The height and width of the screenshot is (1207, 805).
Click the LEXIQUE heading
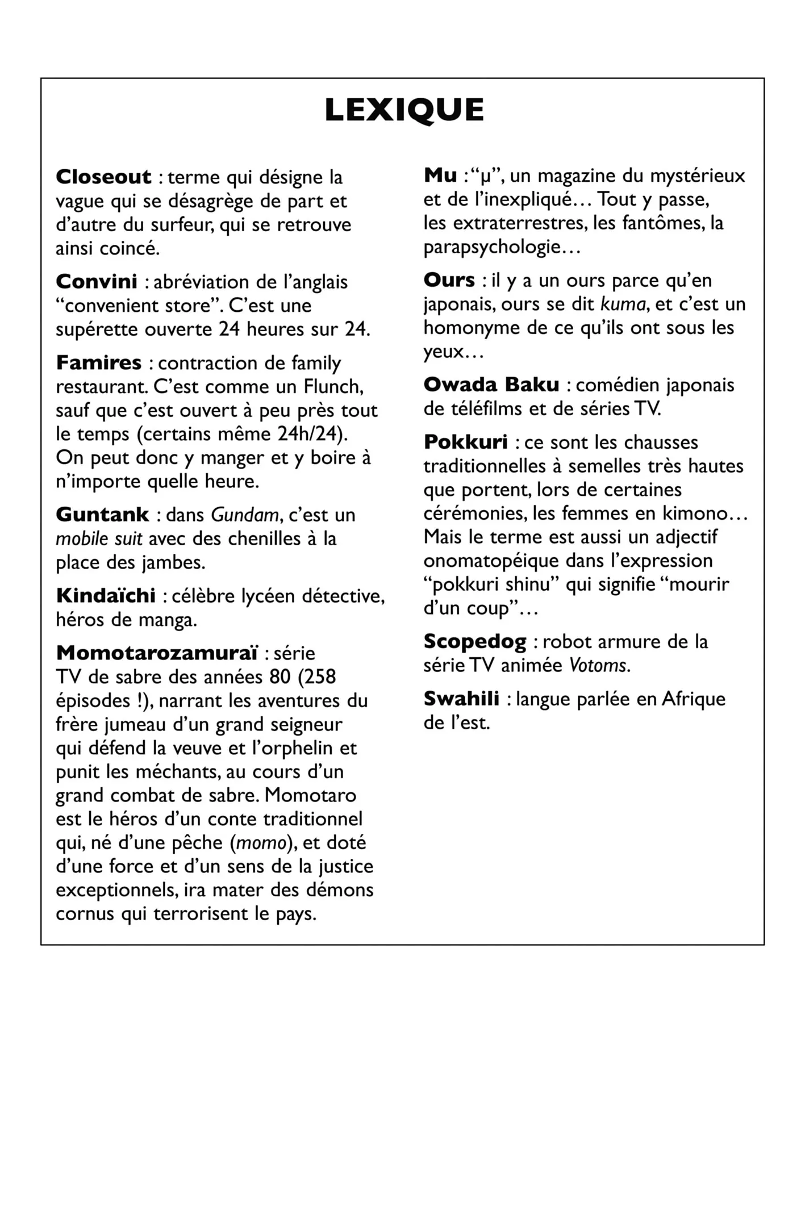[404, 110]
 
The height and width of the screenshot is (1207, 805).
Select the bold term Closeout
[103, 177]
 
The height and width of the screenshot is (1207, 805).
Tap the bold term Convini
[97, 282]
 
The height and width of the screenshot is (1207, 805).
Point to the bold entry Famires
[99, 362]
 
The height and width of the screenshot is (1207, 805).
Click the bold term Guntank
[103, 515]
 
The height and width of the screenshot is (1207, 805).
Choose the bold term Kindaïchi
[106, 596]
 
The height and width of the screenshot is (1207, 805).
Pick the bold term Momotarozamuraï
[157, 653]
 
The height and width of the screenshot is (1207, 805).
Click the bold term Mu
[440, 176]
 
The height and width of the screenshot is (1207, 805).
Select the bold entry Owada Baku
[491, 385]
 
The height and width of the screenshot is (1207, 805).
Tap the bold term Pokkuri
[466, 442]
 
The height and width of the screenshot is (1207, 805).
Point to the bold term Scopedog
[475, 642]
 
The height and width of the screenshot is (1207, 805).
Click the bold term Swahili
[461, 699]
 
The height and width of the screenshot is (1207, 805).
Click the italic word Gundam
[245, 515]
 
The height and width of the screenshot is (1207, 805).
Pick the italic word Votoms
[599, 665]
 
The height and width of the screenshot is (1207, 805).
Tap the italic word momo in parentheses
[261, 843]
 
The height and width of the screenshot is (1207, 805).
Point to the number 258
[317, 677]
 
